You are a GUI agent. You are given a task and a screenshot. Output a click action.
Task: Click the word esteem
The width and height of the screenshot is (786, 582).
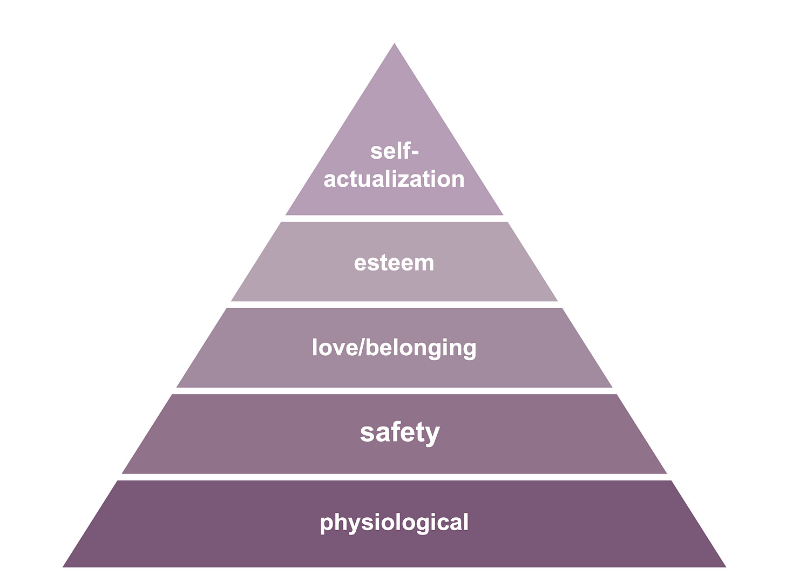(x=394, y=263)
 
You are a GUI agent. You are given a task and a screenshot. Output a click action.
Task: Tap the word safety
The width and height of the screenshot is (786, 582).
(x=399, y=433)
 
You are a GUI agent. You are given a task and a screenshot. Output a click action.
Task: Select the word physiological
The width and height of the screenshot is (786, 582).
(x=394, y=523)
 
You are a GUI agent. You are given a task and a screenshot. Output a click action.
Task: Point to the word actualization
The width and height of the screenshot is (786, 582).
(x=394, y=179)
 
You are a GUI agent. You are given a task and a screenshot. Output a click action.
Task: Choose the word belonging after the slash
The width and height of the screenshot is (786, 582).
(x=422, y=348)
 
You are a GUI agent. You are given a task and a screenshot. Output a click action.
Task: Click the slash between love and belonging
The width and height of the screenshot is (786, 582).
(x=361, y=347)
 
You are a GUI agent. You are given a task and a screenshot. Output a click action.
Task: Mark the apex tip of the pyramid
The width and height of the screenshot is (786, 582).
(x=394, y=45)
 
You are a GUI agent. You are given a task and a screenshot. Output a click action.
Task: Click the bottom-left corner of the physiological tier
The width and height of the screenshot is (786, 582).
(x=64, y=566)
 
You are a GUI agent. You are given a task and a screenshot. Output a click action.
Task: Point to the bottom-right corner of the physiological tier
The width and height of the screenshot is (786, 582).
(x=724, y=566)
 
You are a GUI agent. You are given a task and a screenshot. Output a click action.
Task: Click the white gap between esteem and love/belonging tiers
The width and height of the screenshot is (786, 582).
(x=394, y=305)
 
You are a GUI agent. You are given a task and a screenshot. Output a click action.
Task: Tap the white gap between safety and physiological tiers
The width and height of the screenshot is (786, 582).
(x=394, y=477)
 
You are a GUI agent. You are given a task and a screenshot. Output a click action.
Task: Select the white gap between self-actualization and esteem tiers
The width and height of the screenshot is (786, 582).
(x=394, y=219)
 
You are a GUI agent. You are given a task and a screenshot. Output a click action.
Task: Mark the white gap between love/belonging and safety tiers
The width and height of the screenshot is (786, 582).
(x=394, y=391)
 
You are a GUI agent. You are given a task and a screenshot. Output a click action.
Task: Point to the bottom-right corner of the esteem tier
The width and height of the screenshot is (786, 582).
(x=557, y=301)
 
